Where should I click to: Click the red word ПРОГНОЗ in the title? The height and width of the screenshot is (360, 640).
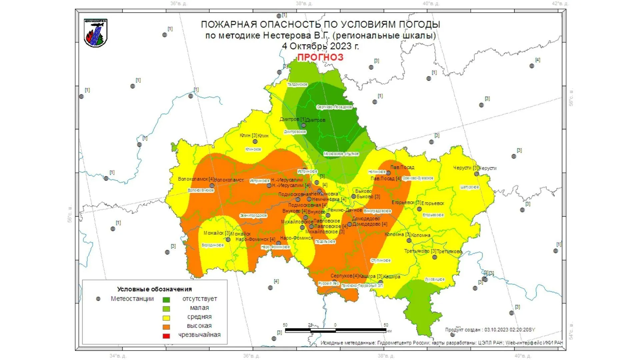320,57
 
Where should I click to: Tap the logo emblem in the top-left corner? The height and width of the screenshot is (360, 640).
96,33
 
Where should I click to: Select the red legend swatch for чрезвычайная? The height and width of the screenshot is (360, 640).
166,336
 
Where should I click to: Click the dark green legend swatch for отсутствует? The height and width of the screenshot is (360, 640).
166,300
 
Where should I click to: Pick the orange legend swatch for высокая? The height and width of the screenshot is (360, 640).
166,327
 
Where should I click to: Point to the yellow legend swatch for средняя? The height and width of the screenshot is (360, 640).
166,318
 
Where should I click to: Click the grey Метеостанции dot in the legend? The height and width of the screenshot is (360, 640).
98,299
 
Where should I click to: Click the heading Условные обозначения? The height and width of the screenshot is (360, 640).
154,289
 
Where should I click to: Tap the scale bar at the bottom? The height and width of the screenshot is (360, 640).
335,330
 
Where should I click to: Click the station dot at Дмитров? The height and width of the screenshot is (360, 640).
304,125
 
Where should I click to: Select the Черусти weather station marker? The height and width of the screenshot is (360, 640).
477,174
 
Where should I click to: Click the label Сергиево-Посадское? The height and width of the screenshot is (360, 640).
334,107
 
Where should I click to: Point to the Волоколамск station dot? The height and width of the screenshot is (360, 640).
212,186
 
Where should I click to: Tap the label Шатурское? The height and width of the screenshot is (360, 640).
469,187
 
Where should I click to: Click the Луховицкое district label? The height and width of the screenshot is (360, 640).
435,279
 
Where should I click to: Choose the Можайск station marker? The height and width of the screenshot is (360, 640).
228,239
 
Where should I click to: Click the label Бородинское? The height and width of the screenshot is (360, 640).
213,245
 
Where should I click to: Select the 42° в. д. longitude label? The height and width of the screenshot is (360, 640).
560,4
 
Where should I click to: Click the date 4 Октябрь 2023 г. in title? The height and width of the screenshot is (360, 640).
320,46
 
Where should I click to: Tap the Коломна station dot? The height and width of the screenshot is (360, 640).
409,240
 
